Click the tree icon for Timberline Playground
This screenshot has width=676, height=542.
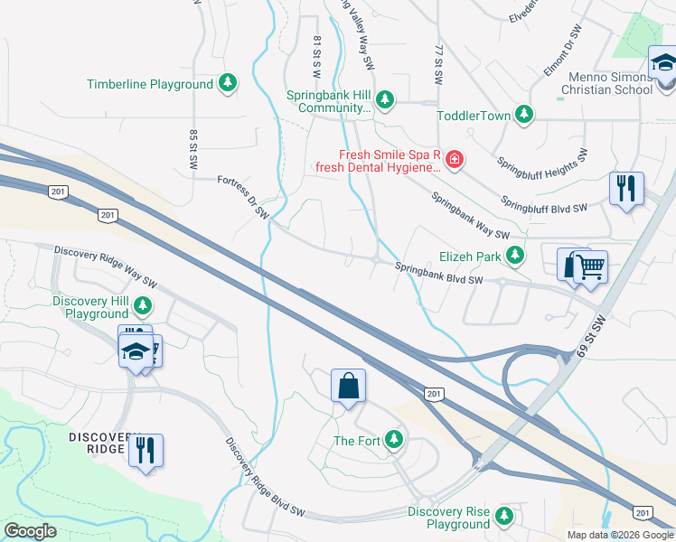click(x=229, y=84)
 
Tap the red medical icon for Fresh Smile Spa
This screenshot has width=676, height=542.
click(x=454, y=161)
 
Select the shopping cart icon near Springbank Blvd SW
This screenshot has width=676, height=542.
click(x=590, y=266)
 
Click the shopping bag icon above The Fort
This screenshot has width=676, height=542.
click(x=348, y=386)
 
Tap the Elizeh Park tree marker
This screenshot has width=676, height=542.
click(x=515, y=257)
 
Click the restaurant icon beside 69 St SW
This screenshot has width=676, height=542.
click(x=626, y=189)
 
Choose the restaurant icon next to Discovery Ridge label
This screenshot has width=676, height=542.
click(x=146, y=449)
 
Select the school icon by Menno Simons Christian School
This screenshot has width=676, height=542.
click(x=664, y=64)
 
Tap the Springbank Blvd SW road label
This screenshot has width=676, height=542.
click(x=439, y=273)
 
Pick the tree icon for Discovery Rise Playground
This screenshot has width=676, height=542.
click(x=504, y=517)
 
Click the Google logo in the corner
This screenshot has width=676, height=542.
click(x=30, y=531)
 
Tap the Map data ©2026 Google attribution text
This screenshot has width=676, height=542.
click(x=620, y=535)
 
